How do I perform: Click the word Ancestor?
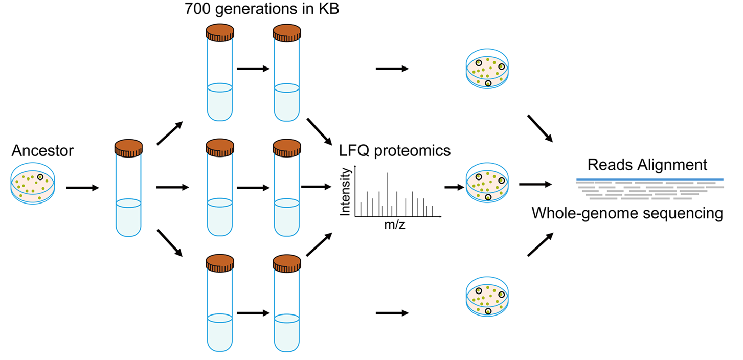[42, 151]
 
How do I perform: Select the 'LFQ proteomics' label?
[395, 151]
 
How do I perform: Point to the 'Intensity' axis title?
[346, 191]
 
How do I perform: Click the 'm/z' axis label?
[394, 225]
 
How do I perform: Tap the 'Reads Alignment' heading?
[647, 165]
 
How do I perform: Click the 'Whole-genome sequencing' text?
[627, 213]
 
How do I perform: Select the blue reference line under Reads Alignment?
[649, 179]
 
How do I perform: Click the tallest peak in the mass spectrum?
[388, 194]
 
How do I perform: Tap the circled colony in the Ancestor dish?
[40, 177]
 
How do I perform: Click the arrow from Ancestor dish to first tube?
[82, 188]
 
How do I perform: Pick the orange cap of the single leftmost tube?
[128, 148]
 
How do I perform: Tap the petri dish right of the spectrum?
[488, 184]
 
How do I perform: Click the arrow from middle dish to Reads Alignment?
[535, 184]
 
